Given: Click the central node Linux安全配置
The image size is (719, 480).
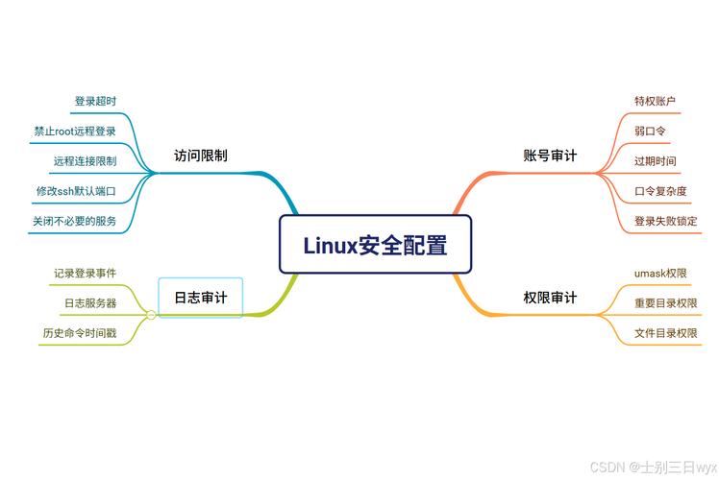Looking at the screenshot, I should coord(375,245).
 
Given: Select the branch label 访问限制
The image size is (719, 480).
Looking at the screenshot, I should coord(201,155).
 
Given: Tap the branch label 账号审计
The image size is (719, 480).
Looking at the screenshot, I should coord(550,155).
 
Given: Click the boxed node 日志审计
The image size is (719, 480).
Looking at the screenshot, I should coord(201,298).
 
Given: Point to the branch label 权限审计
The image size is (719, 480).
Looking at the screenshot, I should coord(550,298).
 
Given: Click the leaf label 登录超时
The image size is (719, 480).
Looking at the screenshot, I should coord(96,101).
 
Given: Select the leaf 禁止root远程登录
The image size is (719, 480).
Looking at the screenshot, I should coord(75,131).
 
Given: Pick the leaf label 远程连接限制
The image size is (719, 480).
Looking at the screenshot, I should coord(85,160).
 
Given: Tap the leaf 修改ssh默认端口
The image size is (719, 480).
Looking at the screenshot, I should coord(76,190).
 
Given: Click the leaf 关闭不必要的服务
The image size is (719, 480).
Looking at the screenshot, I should coord(74,221).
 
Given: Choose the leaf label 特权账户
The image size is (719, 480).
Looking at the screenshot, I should coord(655,101).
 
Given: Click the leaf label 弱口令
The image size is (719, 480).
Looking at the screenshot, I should coord(650,131).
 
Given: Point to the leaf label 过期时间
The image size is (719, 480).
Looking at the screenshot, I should coord(655,160).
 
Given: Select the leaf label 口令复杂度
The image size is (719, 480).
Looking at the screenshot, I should coord(660,190).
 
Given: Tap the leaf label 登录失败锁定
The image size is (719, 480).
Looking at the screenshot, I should coord(665,221).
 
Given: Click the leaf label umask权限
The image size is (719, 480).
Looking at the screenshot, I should coord(660,273).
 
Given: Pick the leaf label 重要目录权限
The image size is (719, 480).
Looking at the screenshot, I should coord(665,302).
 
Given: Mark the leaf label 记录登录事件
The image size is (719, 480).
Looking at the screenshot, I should coord(85,273).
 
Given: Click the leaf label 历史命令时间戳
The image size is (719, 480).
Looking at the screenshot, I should coord(79,333).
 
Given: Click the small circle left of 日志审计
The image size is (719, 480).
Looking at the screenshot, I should coord(151,315).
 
